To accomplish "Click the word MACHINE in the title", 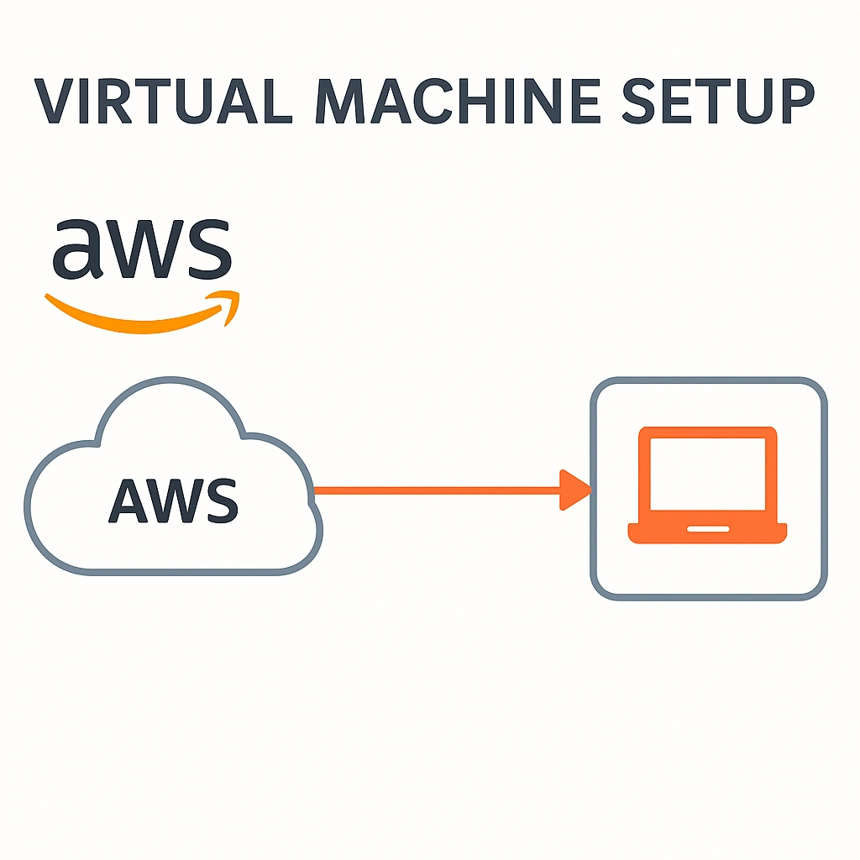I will tap(448, 102).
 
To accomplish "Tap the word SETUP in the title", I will tap(719, 102).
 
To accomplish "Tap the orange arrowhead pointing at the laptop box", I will tap(574, 490).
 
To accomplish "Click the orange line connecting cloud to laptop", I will tap(437, 490).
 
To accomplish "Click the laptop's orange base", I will tap(707, 532).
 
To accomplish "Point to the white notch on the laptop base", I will tap(707, 529).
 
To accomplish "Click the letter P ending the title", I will tap(794, 102).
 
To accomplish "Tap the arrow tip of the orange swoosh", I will tap(230, 304).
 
